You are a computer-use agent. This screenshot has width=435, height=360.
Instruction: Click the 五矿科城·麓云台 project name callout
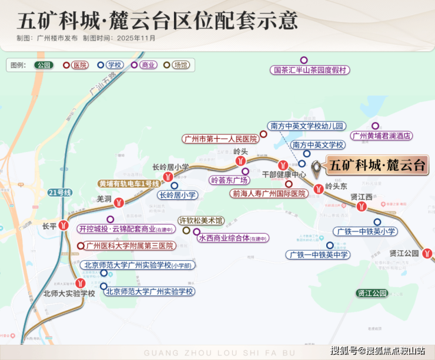(376, 165)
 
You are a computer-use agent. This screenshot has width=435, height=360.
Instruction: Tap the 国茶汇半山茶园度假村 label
(311, 70)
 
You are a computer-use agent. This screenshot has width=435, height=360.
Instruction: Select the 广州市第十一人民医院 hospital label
(220, 139)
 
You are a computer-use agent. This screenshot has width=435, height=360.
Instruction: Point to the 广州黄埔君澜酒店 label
(381, 136)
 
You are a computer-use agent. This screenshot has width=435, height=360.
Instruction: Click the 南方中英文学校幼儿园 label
(306, 126)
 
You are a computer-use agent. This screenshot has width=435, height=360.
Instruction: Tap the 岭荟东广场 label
(230, 180)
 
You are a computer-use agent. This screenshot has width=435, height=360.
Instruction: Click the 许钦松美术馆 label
(201, 221)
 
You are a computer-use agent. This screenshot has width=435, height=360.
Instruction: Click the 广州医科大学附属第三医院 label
(129, 245)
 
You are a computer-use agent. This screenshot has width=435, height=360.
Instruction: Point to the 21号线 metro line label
(60, 193)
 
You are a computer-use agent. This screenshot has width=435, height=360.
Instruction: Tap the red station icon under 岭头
(240, 162)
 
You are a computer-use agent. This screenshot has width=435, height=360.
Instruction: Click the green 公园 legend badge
(43, 65)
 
